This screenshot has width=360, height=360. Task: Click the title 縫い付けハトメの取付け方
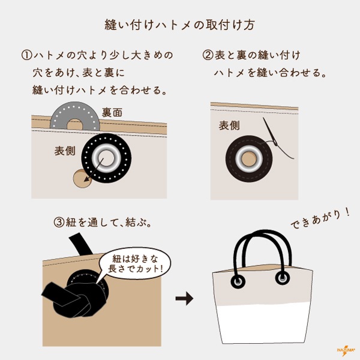tap(180, 25)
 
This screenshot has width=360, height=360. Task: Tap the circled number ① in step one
tap(26, 55)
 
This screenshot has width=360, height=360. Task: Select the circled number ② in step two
tap(208, 55)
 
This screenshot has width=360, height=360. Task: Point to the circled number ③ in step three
tap(59, 222)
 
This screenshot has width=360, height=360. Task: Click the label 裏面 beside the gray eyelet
tap(112, 113)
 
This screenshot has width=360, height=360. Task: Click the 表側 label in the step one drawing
tap(65, 151)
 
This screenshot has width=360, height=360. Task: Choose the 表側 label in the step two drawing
tap(229, 125)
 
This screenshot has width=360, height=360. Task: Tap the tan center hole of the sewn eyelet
tap(250, 159)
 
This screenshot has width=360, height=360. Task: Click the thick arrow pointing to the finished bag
tap(184, 298)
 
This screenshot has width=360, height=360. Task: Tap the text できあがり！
tap(320, 218)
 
